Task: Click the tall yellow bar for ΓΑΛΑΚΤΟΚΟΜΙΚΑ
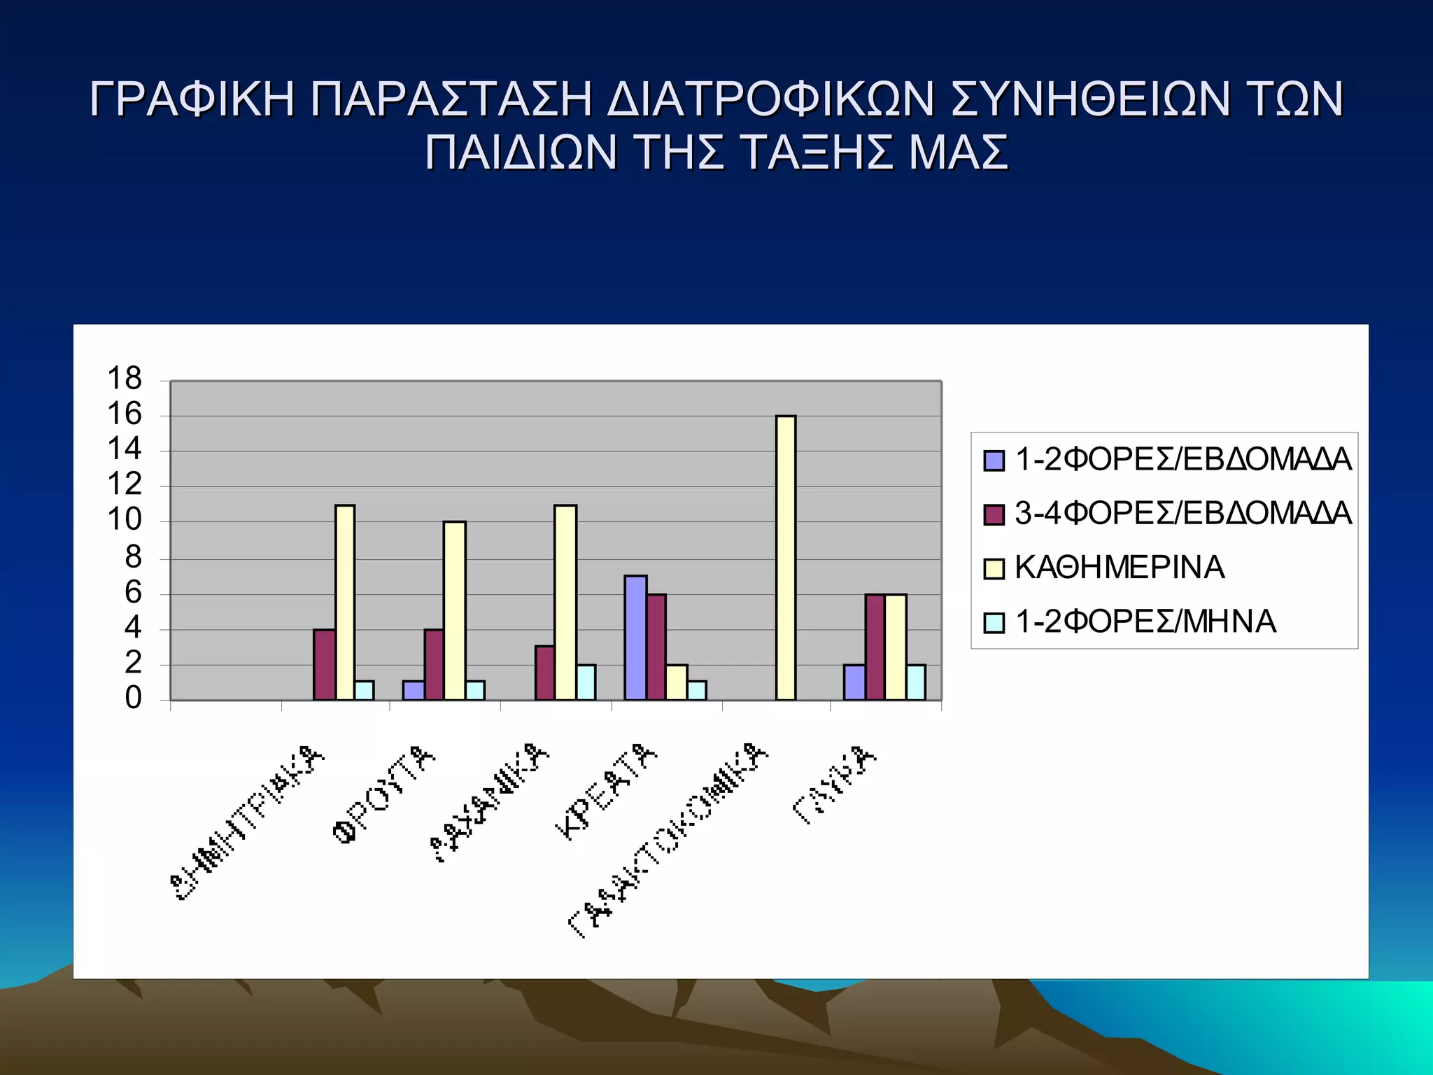click(x=786, y=558)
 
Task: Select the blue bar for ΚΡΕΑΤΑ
click(x=635, y=638)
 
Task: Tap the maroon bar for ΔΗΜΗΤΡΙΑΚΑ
click(x=324, y=664)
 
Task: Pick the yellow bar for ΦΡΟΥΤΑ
click(x=454, y=610)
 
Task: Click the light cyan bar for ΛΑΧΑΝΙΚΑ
click(x=586, y=682)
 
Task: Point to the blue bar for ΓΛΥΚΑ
click(x=854, y=682)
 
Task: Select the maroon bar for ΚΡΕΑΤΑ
click(x=656, y=647)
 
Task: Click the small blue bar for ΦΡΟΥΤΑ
click(x=413, y=690)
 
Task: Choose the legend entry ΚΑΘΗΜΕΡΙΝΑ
click(x=1119, y=568)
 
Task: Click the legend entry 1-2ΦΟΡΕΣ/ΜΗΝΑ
click(x=1145, y=621)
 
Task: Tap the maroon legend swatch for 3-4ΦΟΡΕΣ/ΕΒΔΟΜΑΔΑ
click(x=994, y=514)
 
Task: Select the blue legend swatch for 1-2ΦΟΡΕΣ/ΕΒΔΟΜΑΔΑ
click(x=994, y=461)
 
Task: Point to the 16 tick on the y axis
click(x=125, y=414)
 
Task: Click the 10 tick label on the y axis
click(x=125, y=520)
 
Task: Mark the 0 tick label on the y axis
click(x=133, y=698)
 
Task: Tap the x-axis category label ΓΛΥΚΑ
click(x=834, y=785)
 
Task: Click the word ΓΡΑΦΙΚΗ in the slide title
click(x=192, y=99)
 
